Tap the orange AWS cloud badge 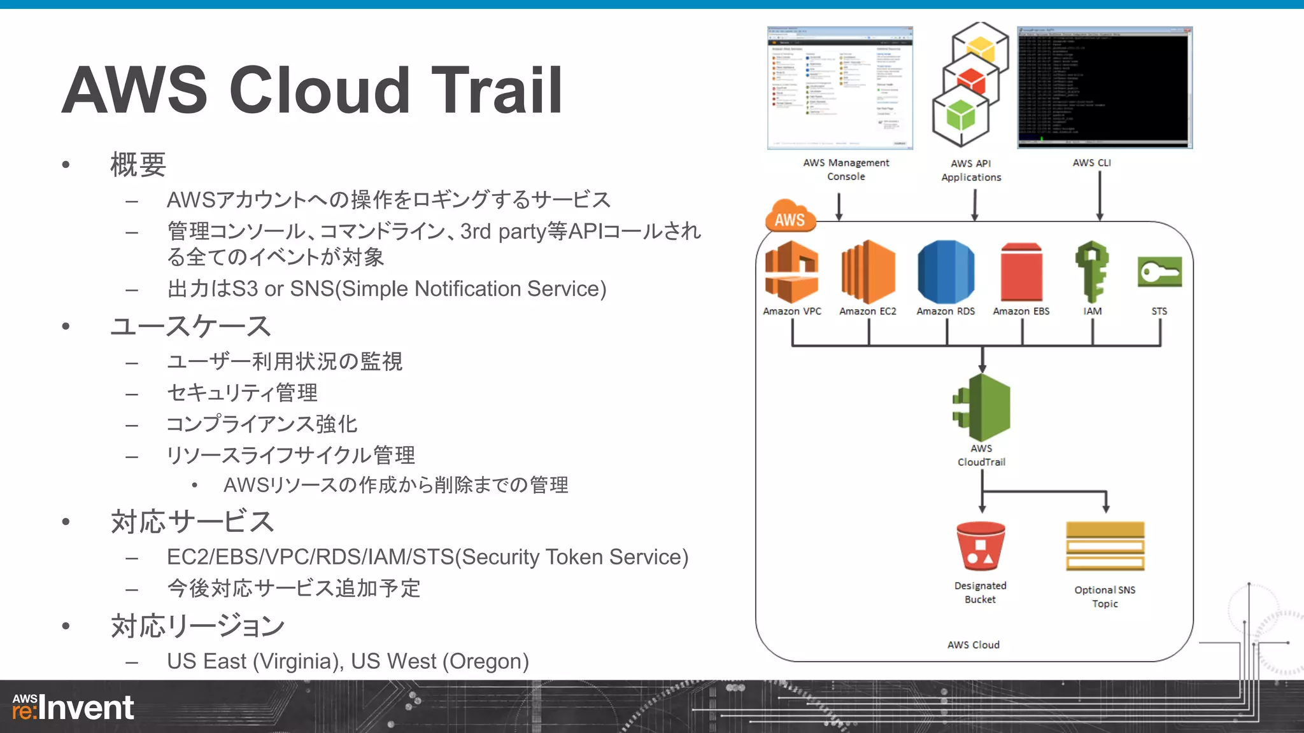[790, 217]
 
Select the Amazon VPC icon [791, 272]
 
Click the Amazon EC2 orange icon [868, 272]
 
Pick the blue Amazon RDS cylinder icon [946, 272]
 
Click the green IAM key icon [1092, 272]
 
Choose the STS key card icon [1159, 272]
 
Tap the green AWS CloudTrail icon [982, 408]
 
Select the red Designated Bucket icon [981, 547]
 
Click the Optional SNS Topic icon [1105, 547]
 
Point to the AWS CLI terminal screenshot [1104, 88]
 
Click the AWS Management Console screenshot [840, 88]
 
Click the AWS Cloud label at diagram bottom [973, 645]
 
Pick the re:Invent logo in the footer [73, 708]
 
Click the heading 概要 [138, 165]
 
